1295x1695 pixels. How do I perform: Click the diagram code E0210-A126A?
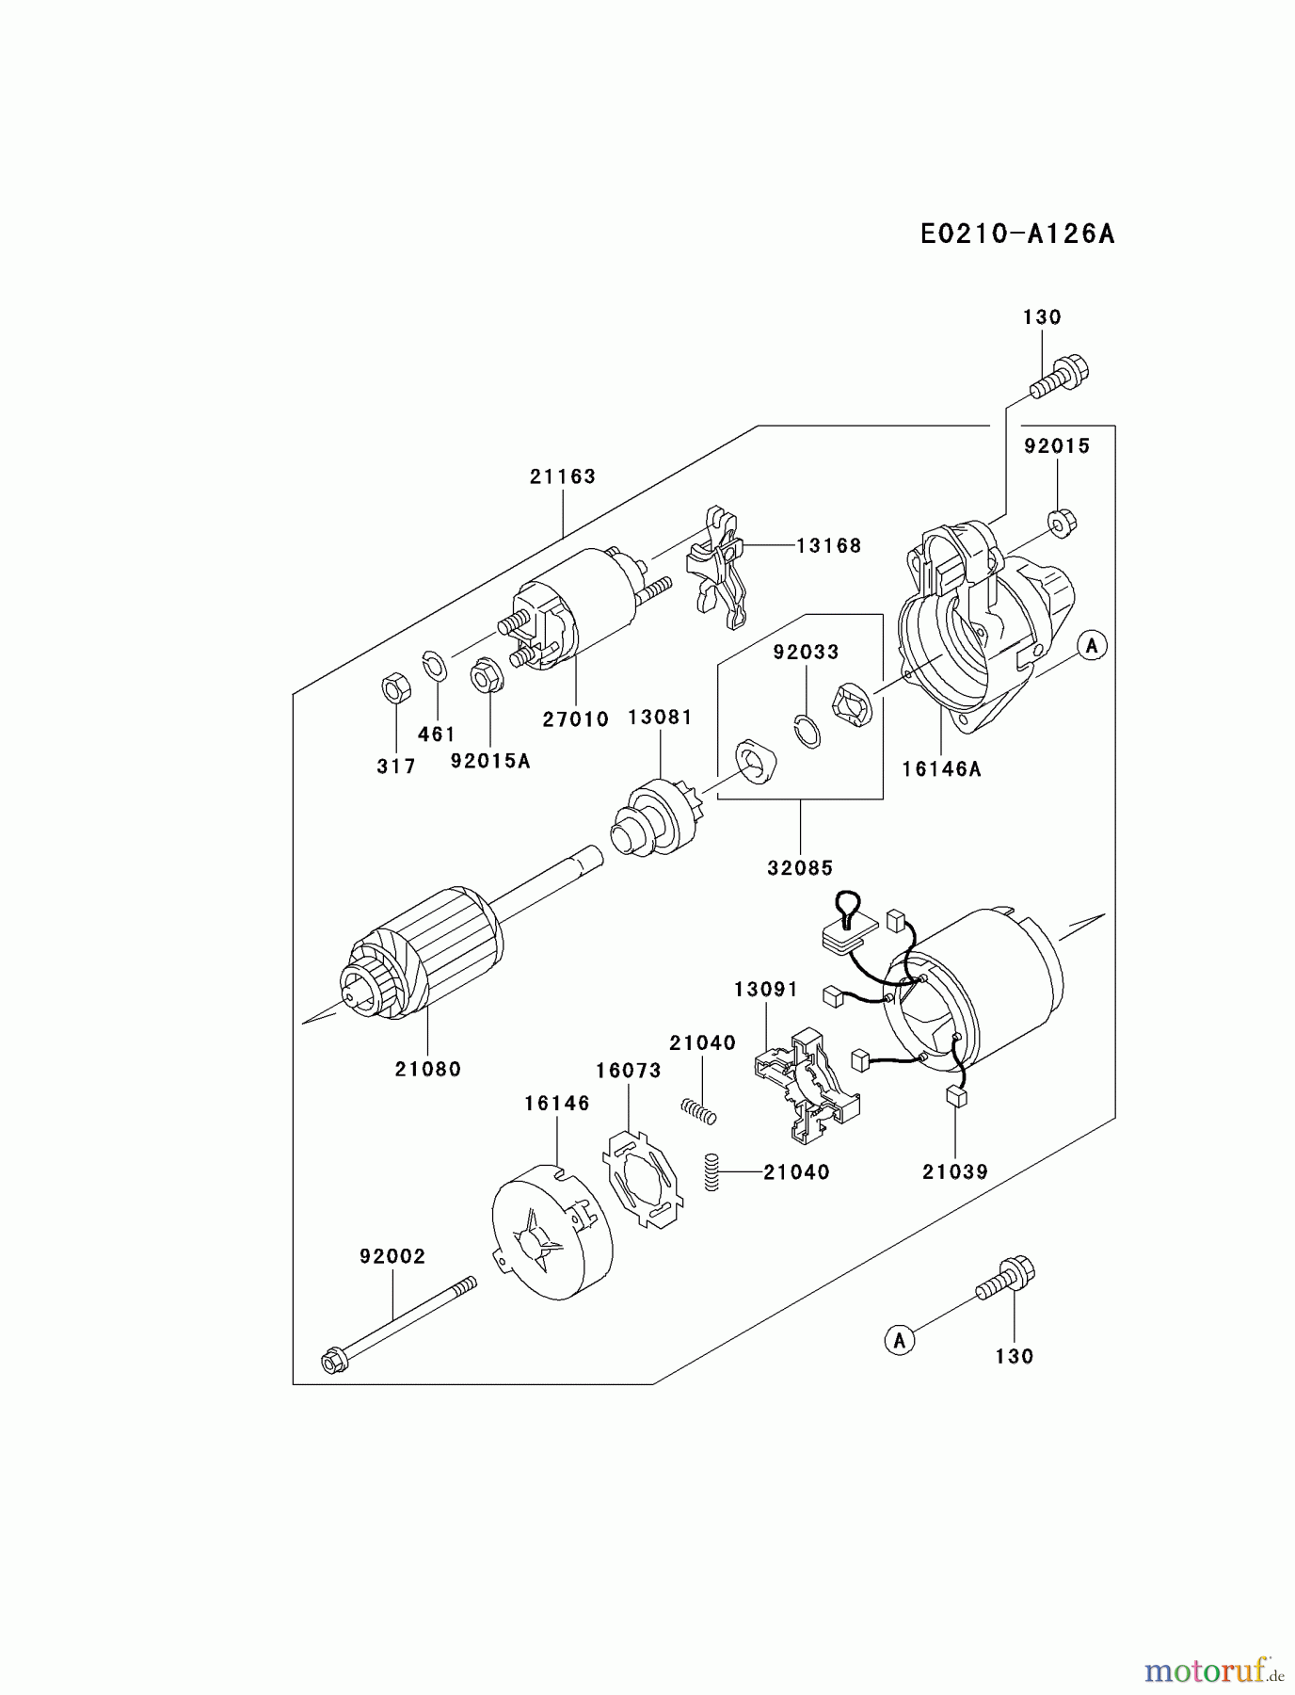(1016, 234)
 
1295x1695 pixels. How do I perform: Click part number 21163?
(562, 476)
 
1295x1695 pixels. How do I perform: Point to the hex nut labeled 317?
(394, 688)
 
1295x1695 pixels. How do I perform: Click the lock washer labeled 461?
(434, 665)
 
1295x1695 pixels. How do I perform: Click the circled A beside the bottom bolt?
(899, 1339)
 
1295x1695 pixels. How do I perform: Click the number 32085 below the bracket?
(800, 868)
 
